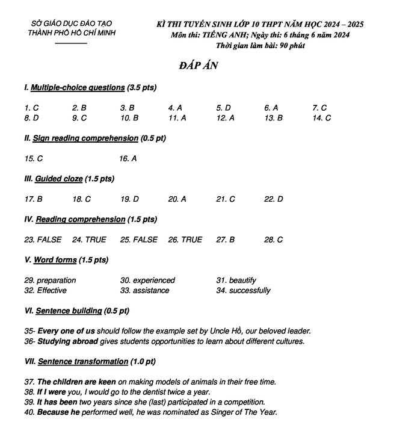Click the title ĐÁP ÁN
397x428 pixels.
pyautogui.click(x=198, y=66)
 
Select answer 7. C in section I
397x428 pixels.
pyautogui.click(x=319, y=108)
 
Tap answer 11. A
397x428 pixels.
pyautogui.click(x=177, y=118)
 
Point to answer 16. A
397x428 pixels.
pyautogui.click(x=128, y=159)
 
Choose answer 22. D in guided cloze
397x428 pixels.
pyautogui.click(x=273, y=199)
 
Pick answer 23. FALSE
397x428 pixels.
pyautogui.click(x=43, y=240)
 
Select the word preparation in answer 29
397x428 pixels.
pyautogui.click(x=56, y=281)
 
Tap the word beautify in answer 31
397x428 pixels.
pyautogui.click(x=242, y=281)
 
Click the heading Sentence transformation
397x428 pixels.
pyautogui.click(x=82, y=362)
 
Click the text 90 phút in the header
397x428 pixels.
pyautogui.click(x=291, y=45)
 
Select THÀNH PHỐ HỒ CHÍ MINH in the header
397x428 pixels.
pyautogui.click(x=72, y=33)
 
